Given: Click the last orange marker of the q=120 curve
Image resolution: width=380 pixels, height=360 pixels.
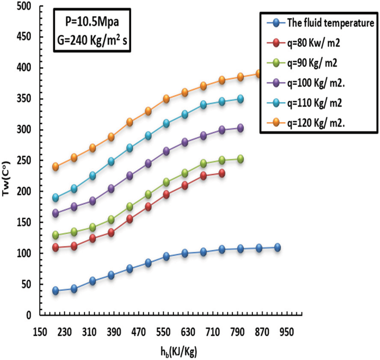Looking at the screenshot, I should tap(259, 74).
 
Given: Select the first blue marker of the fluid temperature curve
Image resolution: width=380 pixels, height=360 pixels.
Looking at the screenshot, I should tap(55, 290).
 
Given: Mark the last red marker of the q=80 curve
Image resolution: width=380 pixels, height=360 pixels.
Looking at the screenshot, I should tap(221, 173).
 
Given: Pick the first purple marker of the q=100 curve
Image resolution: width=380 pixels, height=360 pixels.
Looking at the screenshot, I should tap(55, 213).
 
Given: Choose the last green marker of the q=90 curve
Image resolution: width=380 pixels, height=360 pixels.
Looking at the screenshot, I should tap(240, 159).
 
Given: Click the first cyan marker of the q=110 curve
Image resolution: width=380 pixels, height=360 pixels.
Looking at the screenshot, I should tap(55, 198).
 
